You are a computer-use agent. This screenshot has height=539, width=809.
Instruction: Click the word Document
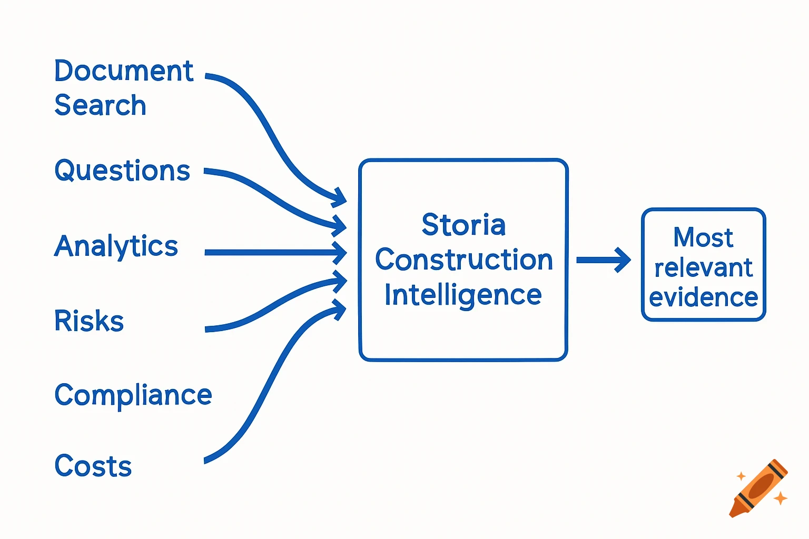[124, 71]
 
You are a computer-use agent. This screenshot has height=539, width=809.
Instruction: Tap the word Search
[100, 105]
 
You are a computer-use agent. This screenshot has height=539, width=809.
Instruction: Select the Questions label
[122, 171]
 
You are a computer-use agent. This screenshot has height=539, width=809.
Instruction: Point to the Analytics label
[116, 246]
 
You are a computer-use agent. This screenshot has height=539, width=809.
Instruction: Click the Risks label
[89, 321]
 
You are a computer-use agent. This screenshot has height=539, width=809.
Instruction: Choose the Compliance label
[133, 395]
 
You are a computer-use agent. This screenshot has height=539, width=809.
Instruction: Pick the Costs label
[93, 466]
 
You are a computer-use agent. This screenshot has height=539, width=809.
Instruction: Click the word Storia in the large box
[463, 225]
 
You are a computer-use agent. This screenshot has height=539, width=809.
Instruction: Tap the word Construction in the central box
[463, 260]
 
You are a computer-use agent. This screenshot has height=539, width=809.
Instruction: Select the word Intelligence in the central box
[463, 295]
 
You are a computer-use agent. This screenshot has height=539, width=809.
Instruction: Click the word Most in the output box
[703, 237]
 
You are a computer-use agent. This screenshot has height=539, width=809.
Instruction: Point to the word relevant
[703, 268]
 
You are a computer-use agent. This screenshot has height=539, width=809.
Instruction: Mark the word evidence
[703, 298]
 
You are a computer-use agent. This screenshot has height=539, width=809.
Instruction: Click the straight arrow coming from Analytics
[274, 253]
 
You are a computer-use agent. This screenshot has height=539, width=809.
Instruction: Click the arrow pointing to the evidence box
[603, 260]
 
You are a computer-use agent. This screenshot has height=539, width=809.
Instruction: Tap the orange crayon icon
[758, 488]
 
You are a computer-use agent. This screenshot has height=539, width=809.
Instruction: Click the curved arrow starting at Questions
[274, 197]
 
